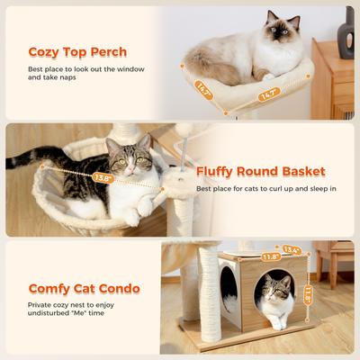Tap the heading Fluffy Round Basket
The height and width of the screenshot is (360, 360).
coord(261,171)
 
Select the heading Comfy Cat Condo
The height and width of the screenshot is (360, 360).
coord(84,289)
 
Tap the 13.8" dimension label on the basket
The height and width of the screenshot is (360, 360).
coord(102,178)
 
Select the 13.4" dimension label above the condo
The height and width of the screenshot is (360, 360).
coord(291,250)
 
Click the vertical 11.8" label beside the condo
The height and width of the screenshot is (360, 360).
coord(309,294)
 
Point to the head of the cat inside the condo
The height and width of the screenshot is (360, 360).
coord(278,290)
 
